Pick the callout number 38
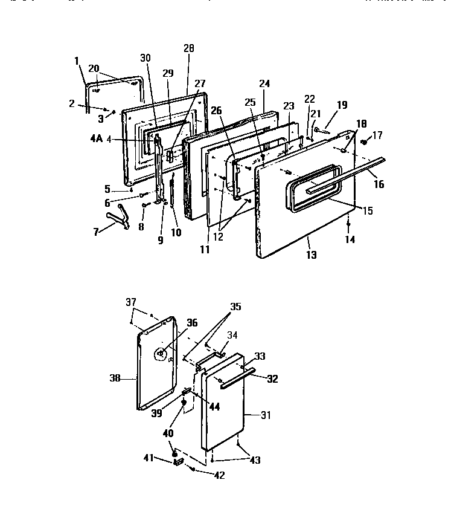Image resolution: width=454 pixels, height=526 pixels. click(x=115, y=378)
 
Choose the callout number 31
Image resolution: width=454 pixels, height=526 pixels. click(x=265, y=415)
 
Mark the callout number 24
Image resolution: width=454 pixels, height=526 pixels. click(x=264, y=83)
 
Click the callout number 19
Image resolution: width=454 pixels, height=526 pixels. click(x=342, y=105)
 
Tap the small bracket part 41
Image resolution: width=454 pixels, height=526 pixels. click(x=177, y=462)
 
